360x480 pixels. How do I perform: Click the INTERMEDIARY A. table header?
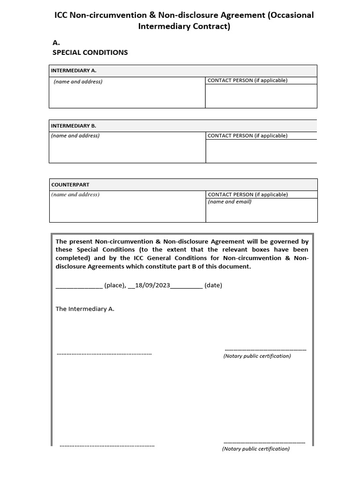pyautogui.click(x=74, y=70)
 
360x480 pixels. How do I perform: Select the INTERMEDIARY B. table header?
pyautogui.click(x=74, y=126)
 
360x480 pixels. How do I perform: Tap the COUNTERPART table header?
pyautogui.click(x=70, y=185)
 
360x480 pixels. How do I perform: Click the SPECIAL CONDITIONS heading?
pyautogui.click(x=90, y=52)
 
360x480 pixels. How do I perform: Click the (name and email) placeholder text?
pyautogui.click(x=230, y=202)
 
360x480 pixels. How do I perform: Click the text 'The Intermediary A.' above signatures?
pyautogui.click(x=85, y=309)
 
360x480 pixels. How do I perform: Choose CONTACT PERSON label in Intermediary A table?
pyautogui.click(x=247, y=80)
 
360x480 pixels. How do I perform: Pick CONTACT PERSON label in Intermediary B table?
pyautogui.click(x=247, y=136)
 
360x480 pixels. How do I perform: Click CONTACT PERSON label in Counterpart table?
pyautogui.click(x=248, y=195)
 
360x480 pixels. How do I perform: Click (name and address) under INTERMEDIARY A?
pyautogui.click(x=78, y=82)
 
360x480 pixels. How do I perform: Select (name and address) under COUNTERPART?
pyautogui.click(x=75, y=195)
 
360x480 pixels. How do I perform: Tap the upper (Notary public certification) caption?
pyautogui.click(x=257, y=356)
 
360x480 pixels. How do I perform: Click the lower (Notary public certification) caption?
pyautogui.click(x=256, y=449)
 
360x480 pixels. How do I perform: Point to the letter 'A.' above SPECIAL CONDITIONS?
pyautogui.click(x=56, y=42)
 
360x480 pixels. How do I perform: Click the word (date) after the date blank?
pyautogui.click(x=213, y=285)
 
